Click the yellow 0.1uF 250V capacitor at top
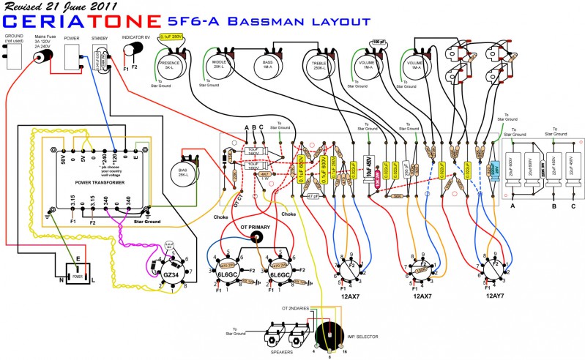(x=171, y=36)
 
